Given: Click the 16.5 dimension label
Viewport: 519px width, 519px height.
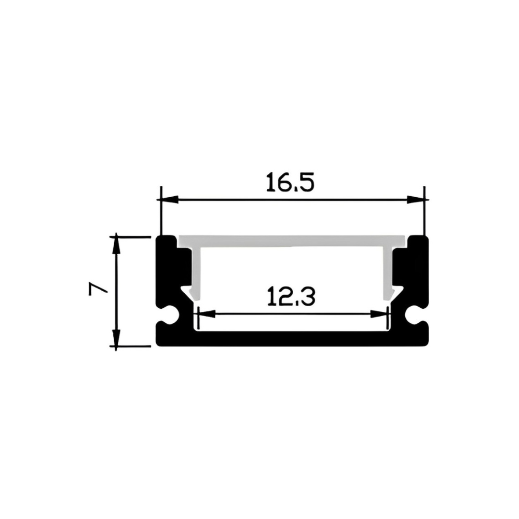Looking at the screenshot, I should (290, 183).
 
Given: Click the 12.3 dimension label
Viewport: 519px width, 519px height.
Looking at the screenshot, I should (291, 297).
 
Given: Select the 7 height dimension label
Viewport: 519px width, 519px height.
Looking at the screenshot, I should (98, 289).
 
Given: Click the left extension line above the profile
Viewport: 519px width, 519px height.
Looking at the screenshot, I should (161, 213).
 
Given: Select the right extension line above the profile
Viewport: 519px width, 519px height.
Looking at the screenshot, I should (425, 213).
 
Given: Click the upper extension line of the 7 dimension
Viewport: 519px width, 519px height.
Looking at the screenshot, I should (132, 237).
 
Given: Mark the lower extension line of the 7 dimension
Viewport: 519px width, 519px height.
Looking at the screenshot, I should (132, 346).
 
